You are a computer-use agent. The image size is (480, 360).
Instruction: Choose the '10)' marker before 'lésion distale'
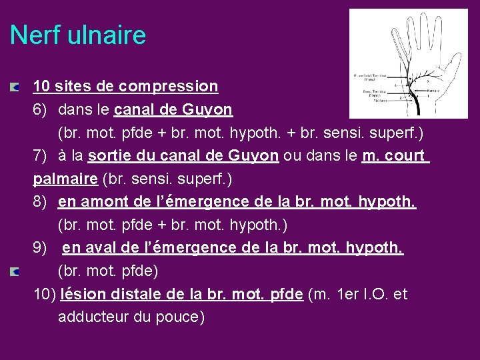click(x=45, y=294)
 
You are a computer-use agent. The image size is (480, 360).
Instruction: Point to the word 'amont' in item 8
click(x=103, y=202)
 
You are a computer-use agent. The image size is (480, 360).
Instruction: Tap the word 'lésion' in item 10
click(x=81, y=294)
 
